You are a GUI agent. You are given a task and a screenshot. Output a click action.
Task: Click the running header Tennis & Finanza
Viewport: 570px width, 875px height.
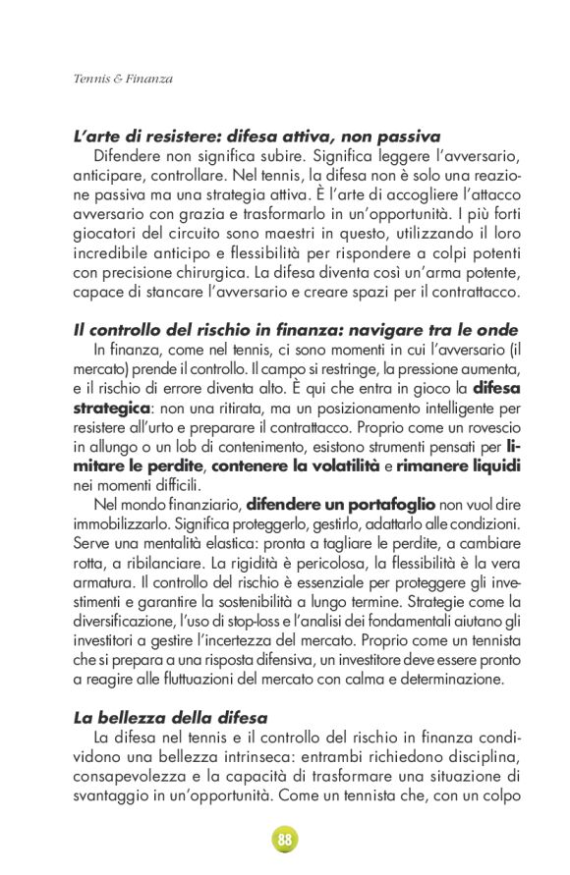tap(123, 79)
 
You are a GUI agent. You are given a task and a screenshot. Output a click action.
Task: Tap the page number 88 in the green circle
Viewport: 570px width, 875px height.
tap(285, 840)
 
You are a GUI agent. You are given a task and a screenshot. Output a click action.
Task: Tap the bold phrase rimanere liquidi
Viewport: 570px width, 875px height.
tap(459, 465)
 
